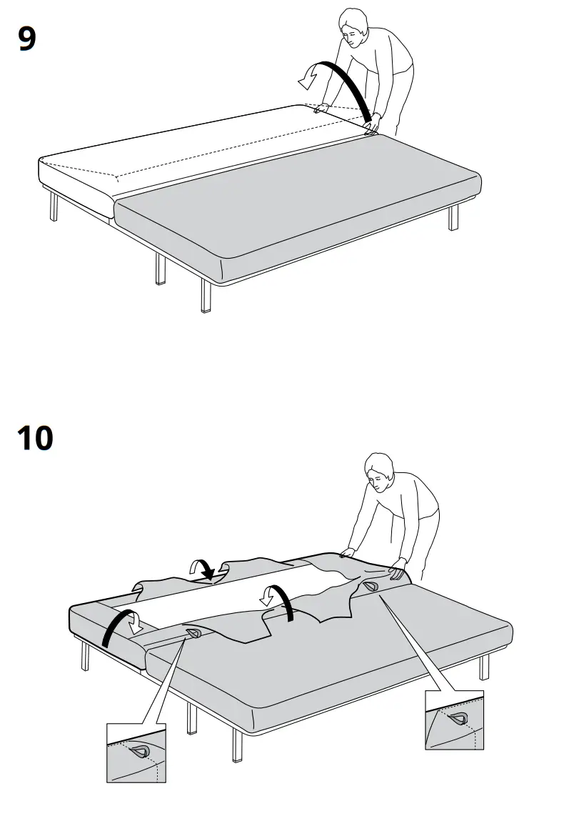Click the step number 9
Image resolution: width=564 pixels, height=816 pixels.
[26, 39]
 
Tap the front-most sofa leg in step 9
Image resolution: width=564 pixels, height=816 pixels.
[206, 297]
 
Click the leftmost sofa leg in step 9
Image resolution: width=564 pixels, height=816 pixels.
[54, 207]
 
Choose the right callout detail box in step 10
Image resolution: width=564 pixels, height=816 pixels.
[454, 720]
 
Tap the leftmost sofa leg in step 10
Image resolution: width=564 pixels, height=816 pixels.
[85, 655]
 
